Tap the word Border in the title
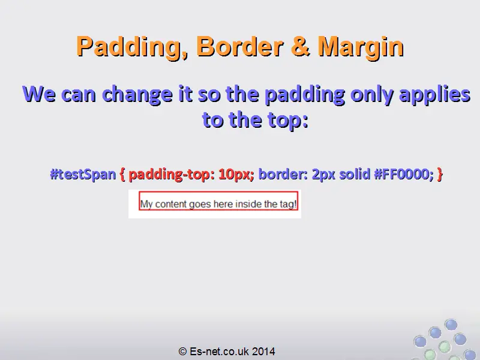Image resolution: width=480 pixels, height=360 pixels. pyautogui.click(x=239, y=46)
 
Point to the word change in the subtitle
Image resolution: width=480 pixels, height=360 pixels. pyautogui.click(x=137, y=94)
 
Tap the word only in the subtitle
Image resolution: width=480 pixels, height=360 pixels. pyautogui.click(x=371, y=95)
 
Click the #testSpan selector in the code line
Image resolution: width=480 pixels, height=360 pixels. pyautogui.click(x=83, y=174)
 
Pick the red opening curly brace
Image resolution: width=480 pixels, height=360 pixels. pyautogui.click(x=122, y=174)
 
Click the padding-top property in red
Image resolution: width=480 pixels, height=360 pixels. pyautogui.click(x=170, y=174)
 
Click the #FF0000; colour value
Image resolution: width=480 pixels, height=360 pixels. pyautogui.click(x=404, y=174)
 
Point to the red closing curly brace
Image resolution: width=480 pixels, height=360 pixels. pyautogui.click(x=440, y=174)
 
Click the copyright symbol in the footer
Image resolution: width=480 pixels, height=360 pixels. pyautogui.click(x=183, y=351)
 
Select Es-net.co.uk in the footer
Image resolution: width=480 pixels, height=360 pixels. pyautogui.click(x=219, y=351)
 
